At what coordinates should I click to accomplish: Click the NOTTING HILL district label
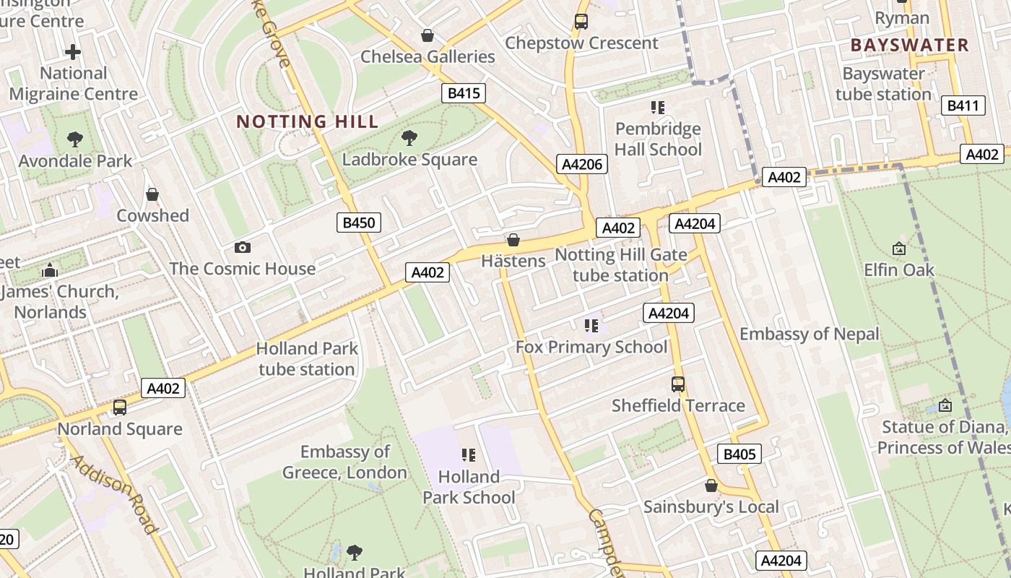coord(307,121)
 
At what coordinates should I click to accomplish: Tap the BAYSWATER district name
coord(909,45)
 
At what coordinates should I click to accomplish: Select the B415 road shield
coord(464,92)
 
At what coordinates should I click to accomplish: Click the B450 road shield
coord(358,223)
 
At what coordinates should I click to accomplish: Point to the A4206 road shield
coord(582,164)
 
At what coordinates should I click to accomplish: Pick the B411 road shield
coord(963,106)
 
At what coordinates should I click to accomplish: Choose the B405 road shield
coord(739,454)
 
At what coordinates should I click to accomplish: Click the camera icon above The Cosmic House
coord(243,247)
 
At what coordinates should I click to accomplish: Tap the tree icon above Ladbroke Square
coord(409,137)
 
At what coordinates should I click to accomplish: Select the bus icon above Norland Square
coord(120,407)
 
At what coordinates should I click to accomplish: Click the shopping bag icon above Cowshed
coord(152,194)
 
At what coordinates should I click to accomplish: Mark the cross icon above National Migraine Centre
coord(73,52)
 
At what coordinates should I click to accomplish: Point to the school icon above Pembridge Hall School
coord(657,108)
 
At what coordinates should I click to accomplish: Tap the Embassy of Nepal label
coord(810,334)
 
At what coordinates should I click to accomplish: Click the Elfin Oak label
coord(899,269)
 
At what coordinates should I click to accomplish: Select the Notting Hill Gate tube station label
coord(620,264)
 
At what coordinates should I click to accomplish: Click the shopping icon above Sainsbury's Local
coord(711,486)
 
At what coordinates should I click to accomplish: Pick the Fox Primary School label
coord(591,347)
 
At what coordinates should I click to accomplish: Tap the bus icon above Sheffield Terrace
coord(678,384)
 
